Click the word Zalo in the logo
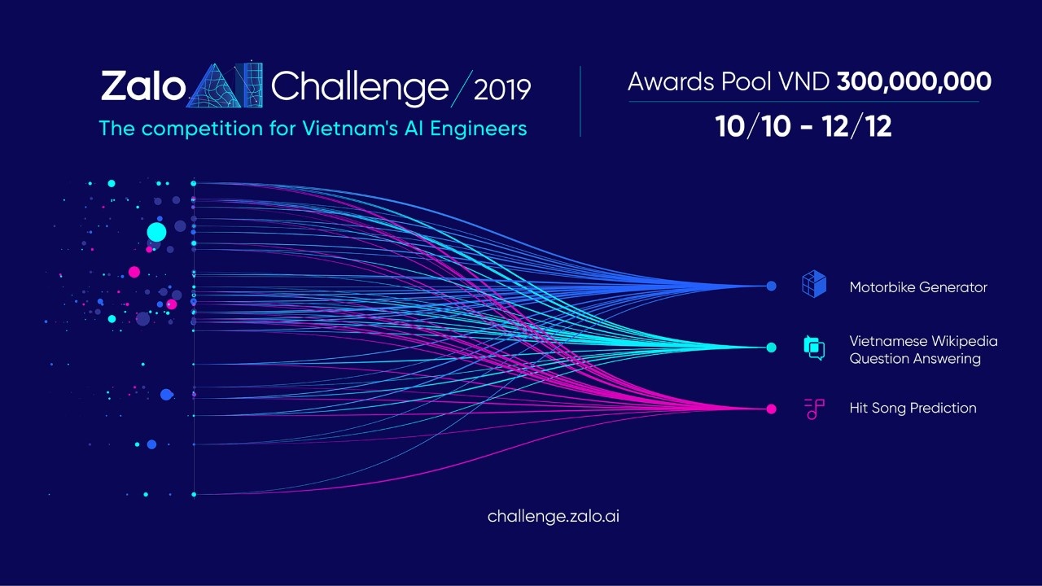pyautogui.click(x=142, y=86)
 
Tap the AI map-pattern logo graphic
pyautogui.click(x=225, y=85)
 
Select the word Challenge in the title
pyautogui.click(x=360, y=86)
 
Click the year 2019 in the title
pyautogui.click(x=501, y=88)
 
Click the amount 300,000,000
pyautogui.click(x=913, y=81)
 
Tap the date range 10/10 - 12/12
pyautogui.click(x=803, y=126)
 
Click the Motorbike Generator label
pyautogui.click(x=918, y=287)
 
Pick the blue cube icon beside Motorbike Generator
pyautogui.click(x=814, y=285)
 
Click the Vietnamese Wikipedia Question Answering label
pyautogui.click(x=923, y=350)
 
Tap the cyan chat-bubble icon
pyautogui.click(x=814, y=348)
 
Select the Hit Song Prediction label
pyautogui.click(x=913, y=408)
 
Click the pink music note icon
pyautogui.click(x=814, y=409)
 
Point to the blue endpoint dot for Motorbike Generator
pyautogui.click(x=771, y=286)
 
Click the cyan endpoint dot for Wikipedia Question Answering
pyautogui.click(x=771, y=348)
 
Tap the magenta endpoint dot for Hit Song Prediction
pyautogui.click(x=771, y=409)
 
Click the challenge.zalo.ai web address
pyautogui.click(x=554, y=516)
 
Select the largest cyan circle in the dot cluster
pyautogui.click(x=156, y=233)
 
